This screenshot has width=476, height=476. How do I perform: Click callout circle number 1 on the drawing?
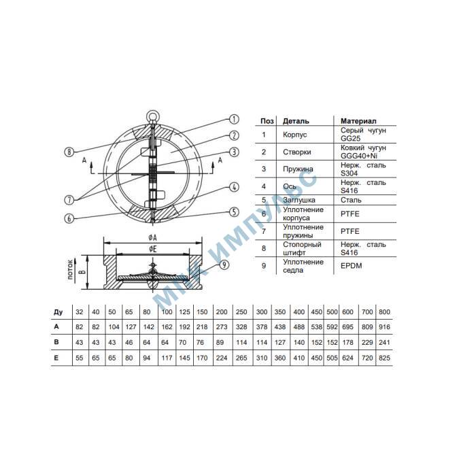point(234,119)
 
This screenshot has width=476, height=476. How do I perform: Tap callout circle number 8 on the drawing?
point(69,152)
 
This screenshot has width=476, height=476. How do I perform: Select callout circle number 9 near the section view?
point(224,265)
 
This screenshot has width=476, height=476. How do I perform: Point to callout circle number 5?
point(234,212)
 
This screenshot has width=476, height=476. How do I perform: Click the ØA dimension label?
point(153,237)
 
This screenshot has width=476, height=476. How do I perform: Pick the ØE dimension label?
point(153,250)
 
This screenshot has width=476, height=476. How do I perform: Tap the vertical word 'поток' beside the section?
point(71,269)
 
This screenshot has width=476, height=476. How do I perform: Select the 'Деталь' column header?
point(296,121)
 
